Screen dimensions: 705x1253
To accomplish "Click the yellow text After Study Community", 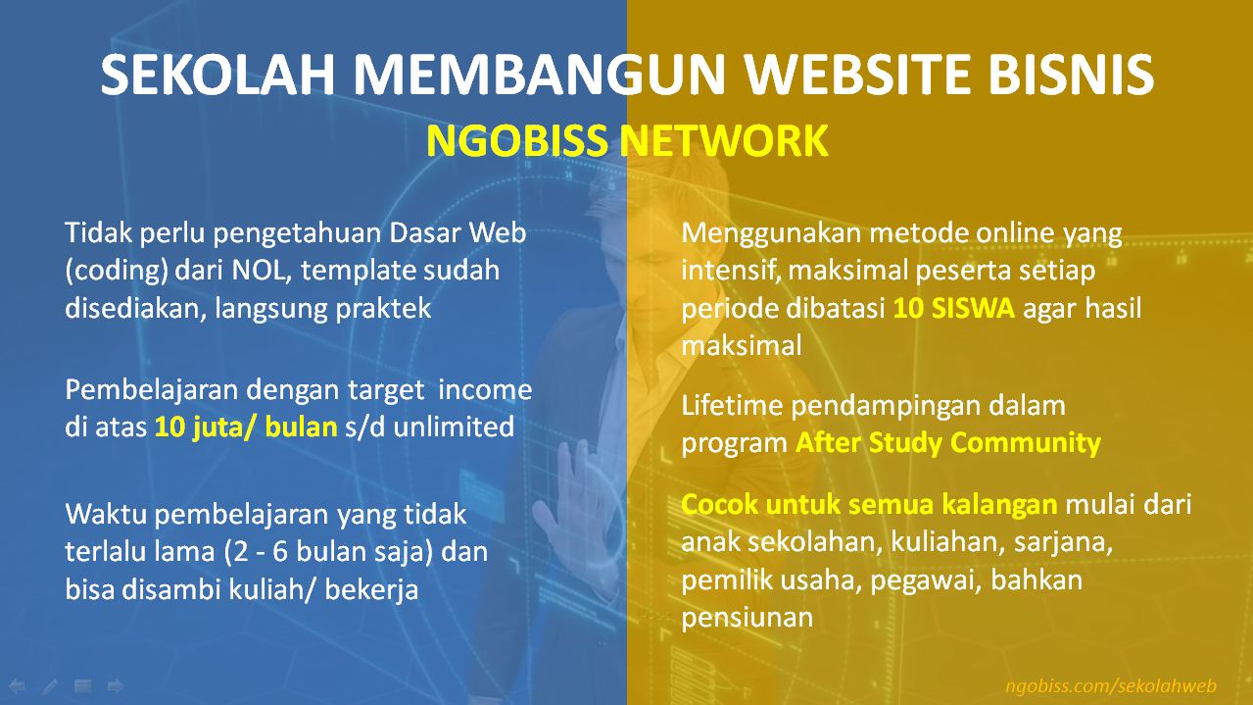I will (947, 442).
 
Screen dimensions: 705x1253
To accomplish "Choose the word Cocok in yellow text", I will (720, 505).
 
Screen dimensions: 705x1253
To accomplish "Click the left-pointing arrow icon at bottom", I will (18, 685).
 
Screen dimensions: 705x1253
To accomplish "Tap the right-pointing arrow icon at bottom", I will (116, 685).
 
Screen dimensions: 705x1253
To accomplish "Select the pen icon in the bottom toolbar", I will (50, 685).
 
